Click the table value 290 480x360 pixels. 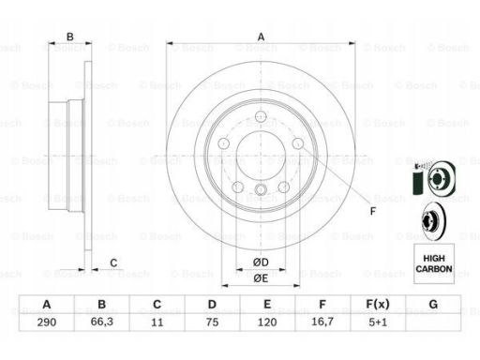(x=47, y=322)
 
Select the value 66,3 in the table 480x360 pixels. (x=102, y=322)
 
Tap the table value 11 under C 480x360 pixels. (x=157, y=322)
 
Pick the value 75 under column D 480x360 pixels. (x=212, y=322)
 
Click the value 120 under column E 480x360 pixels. (x=267, y=322)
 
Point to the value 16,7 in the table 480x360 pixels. (x=322, y=322)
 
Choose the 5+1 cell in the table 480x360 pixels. (x=378, y=322)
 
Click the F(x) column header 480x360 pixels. (x=378, y=304)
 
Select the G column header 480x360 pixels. (x=433, y=304)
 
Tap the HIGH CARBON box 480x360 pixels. (x=434, y=263)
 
